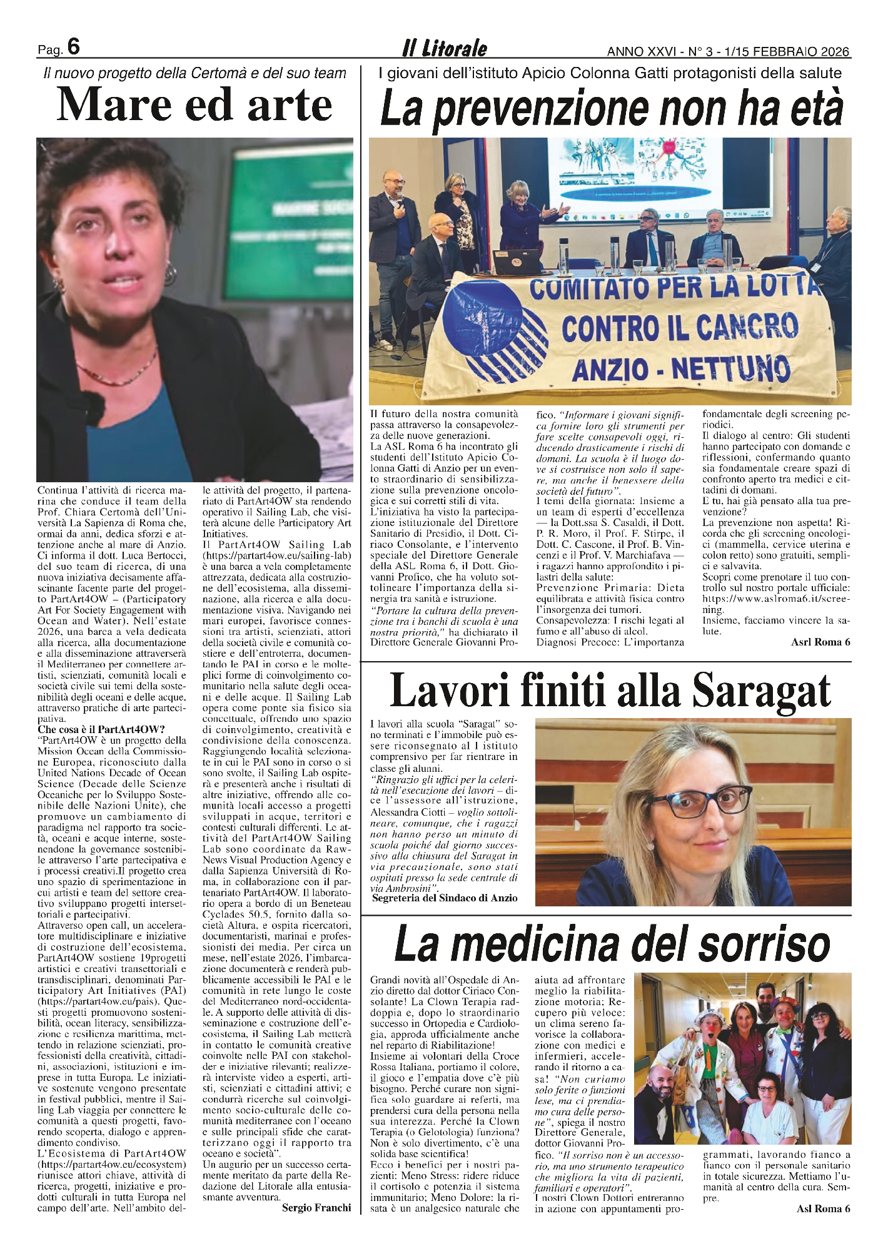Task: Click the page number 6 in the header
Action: pyautogui.click(x=73, y=47)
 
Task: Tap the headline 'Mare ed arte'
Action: pyautogui.click(x=194, y=105)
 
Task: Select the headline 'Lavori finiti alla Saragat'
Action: pyautogui.click(x=610, y=691)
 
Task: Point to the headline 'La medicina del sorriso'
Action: pyautogui.click(x=612, y=945)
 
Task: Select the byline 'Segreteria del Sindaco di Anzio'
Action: pyautogui.click(x=445, y=898)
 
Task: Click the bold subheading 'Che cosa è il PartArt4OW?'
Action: pyautogui.click(x=101, y=729)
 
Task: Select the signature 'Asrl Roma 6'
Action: pyautogui.click(x=820, y=642)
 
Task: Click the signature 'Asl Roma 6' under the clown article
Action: pyautogui.click(x=823, y=1208)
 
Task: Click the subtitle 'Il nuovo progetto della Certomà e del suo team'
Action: pyautogui.click(x=194, y=74)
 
